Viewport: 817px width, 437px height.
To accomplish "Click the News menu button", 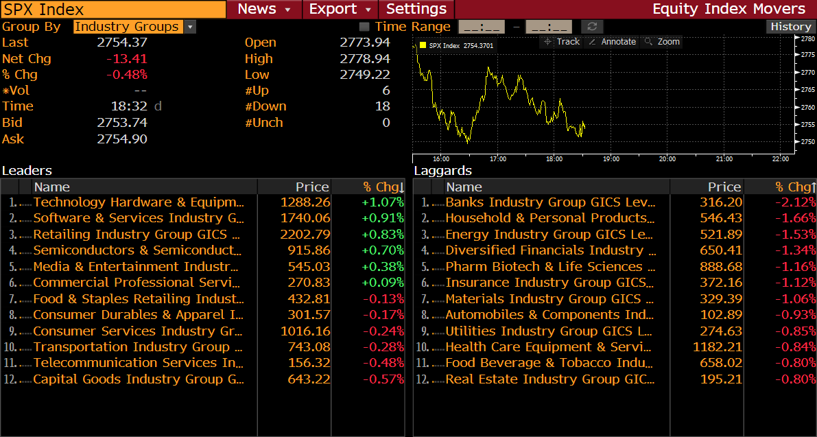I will pyautogui.click(x=264, y=9).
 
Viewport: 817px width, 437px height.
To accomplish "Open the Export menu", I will pyautogui.click(x=340, y=9).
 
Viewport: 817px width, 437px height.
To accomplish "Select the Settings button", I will pyautogui.click(x=416, y=9).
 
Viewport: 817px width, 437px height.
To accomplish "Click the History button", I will pyautogui.click(x=790, y=27).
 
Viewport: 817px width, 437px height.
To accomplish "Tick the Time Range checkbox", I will pyautogui.click(x=364, y=27).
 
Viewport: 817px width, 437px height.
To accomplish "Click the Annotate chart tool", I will pyautogui.click(x=613, y=42).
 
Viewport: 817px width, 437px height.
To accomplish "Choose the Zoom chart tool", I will pyautogui.click(x=663, y=42).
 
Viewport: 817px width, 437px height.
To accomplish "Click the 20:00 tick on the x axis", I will pyautogui.click(x=667, y=159).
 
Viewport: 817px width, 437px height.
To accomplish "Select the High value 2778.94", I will pyautogui.click(x=365, y=59).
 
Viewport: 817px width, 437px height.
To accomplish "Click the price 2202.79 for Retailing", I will pyautogui.click(x=305, y=235).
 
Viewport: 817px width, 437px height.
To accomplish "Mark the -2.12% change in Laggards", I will pyautogui.click(x=796, y=202).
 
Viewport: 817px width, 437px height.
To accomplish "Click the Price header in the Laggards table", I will pyautogui.click(x=724, y=187).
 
